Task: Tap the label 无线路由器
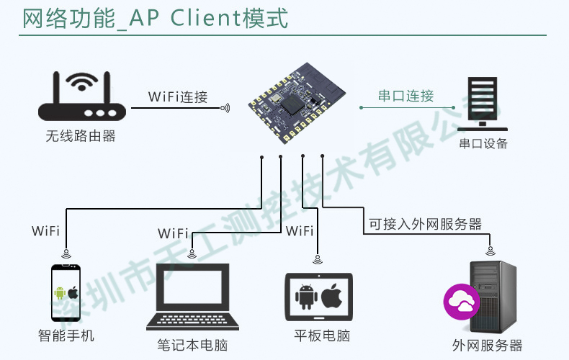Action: coord(81,135)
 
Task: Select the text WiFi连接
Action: coord(177,97)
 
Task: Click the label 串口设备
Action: coord(483,143)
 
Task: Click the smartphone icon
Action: coord(66,293)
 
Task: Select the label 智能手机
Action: coord(66,336)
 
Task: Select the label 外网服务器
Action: coord(488,346)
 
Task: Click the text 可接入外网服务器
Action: coord(425,224)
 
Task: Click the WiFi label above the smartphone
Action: coord(45,231)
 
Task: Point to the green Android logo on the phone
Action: coord(60,293)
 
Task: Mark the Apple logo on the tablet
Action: coord(331,295)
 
